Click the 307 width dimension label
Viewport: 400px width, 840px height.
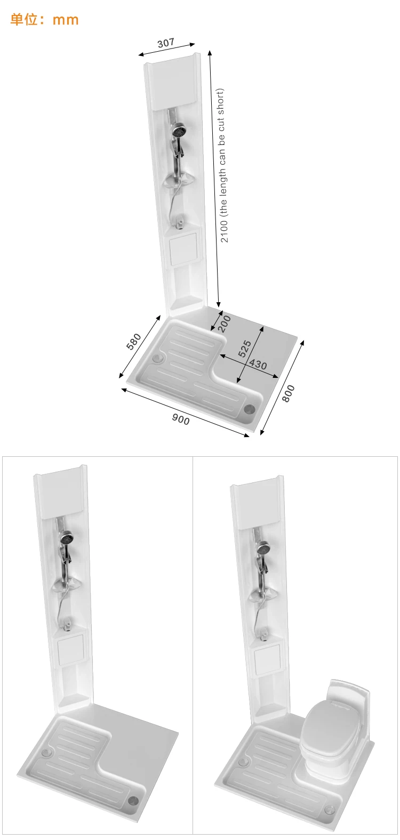[166, 43]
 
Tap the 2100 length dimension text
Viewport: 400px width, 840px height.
[223, 165]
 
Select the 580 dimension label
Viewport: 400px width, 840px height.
[134, 341]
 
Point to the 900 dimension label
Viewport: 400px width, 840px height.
[181, 419]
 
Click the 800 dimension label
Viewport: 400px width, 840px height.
[288, 393]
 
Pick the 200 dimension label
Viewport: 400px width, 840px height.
[225, 324]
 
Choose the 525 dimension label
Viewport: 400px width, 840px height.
[244, 349]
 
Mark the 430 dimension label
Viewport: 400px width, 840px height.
[258, 365]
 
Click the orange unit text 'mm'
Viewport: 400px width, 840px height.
[66, 20]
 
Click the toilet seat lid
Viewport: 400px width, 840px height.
[323, 725]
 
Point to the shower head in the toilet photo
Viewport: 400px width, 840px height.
[262, 547]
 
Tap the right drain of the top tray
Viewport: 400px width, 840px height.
[249, 409]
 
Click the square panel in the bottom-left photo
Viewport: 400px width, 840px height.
[70, 650]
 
